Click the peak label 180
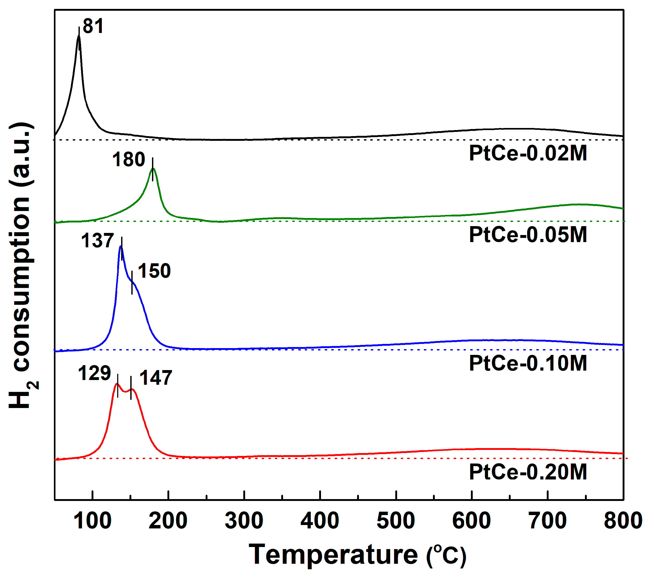coord(128,160)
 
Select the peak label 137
coord(97,241)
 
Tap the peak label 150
coord(154,271)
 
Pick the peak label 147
coord(156,378)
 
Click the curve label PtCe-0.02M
coord(528,154)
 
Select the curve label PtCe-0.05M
coord(528,235)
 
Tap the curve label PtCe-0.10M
coord(528,363)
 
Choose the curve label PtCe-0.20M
coord(528,472)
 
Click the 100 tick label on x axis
coord(92,521)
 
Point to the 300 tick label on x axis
coord(244,521)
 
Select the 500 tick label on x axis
coord(396,521)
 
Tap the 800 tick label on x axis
coord(623,521)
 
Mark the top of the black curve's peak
coord(79,36)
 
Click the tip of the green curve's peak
coord(153,168)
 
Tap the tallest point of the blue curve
coord(120,246)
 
